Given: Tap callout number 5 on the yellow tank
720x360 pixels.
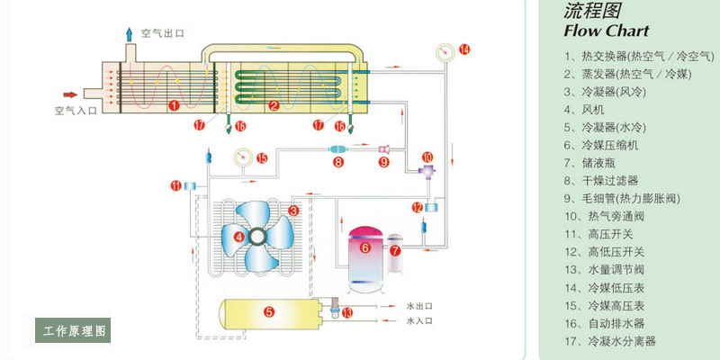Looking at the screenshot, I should click(268, 312).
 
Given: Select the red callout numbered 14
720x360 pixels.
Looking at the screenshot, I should click(463, 49).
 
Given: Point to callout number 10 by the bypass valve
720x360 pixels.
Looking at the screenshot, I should click(427, 157).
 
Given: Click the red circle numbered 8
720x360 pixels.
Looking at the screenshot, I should click(337, 163).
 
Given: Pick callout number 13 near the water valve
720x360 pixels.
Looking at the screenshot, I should click(347, 312).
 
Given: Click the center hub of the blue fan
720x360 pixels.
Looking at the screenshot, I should click(257, 238).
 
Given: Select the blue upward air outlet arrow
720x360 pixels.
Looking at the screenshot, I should click(129, 33).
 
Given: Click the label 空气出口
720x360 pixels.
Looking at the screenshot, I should click(162, 33).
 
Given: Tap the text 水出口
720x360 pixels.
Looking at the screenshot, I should click(419, 306).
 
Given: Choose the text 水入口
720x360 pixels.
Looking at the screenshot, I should click(419, 320).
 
